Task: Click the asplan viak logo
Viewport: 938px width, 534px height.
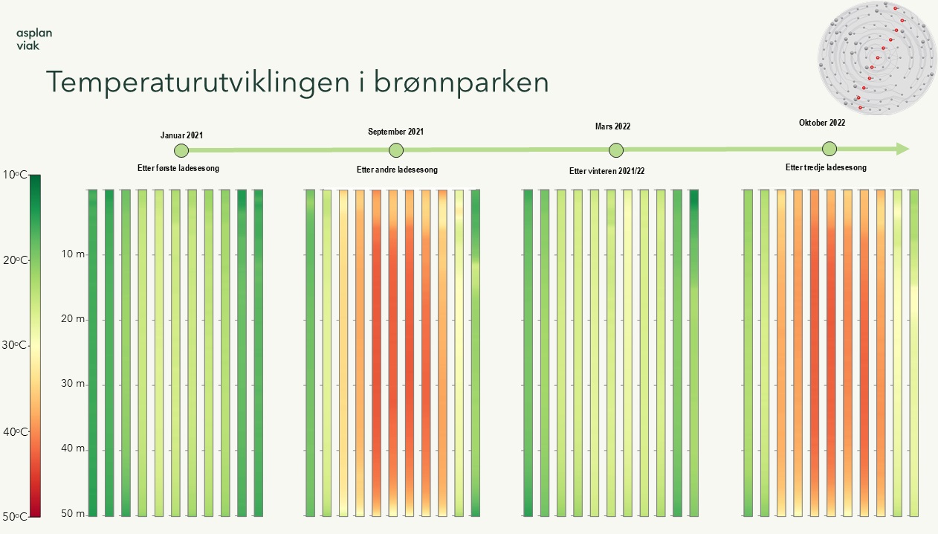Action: click(34, 39)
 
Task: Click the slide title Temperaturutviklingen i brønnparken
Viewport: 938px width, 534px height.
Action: click(297, 83)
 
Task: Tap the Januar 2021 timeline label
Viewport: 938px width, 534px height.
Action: click(182, 135)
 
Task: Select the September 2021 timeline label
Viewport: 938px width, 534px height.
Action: click(395, 132)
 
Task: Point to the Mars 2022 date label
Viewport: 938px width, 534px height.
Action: click(612, 126)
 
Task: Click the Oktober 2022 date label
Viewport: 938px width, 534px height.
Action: click(822, 123)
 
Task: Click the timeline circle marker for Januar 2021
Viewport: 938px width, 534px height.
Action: click(181, 150)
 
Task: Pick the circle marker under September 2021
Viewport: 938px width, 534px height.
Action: click(396, 150)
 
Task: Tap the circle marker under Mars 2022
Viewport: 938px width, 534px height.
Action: click(616, 150)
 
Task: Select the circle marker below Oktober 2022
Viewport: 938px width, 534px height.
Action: click(829, 149)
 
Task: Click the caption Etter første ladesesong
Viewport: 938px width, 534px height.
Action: click(178, 168)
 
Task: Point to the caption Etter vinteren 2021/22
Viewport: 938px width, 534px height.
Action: click(607, 171)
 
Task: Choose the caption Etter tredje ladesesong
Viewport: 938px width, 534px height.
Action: click(826, 167)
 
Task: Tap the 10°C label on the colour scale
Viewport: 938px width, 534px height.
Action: click(15, 175)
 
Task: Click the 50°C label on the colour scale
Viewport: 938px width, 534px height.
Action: click(15, 517)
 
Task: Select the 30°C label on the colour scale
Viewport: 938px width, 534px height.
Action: click(14, 345)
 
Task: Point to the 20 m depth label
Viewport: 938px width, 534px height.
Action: click(74, 318)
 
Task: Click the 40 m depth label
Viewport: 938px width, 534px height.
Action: click(74, 448)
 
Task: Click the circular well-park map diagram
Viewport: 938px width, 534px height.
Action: click(877, 58)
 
